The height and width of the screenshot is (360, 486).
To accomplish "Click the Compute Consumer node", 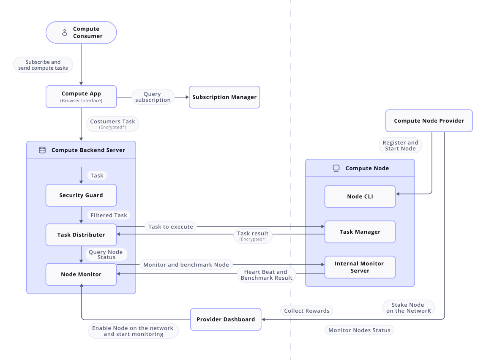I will click(81, 33).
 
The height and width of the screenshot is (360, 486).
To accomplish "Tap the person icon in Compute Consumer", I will click(65, 33).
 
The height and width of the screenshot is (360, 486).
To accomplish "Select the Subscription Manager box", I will click(224, 97).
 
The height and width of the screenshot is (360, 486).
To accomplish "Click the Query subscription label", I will click(153, 97).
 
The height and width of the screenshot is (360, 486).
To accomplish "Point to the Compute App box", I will click(81, 97).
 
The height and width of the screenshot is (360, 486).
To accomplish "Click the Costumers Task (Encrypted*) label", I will click(112, 124).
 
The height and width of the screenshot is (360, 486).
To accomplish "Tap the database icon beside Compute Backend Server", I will click(42, 150).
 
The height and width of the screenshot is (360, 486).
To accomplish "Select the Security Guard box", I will click(81, 195).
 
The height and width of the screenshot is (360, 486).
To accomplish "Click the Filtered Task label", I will click(109, 215).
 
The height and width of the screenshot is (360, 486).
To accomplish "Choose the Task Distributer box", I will click(81, 235).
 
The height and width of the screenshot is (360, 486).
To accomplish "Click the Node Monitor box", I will click(81, 274).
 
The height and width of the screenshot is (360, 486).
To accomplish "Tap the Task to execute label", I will click(171, 227).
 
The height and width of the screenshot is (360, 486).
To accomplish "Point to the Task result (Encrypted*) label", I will click(253, 236).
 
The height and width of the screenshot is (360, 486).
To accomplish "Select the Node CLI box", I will click(360, 196).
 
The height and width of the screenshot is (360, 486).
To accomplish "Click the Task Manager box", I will click(360, 232).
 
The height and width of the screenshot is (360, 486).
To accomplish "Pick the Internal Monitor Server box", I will click(360, 267).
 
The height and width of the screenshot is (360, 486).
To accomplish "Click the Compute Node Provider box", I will click(429, 121).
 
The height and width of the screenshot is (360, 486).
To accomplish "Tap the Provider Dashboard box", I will click(226, 319).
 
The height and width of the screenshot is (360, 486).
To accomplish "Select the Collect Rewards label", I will click(307, 311).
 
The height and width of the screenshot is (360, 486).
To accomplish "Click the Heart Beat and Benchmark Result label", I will click(266, 275).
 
